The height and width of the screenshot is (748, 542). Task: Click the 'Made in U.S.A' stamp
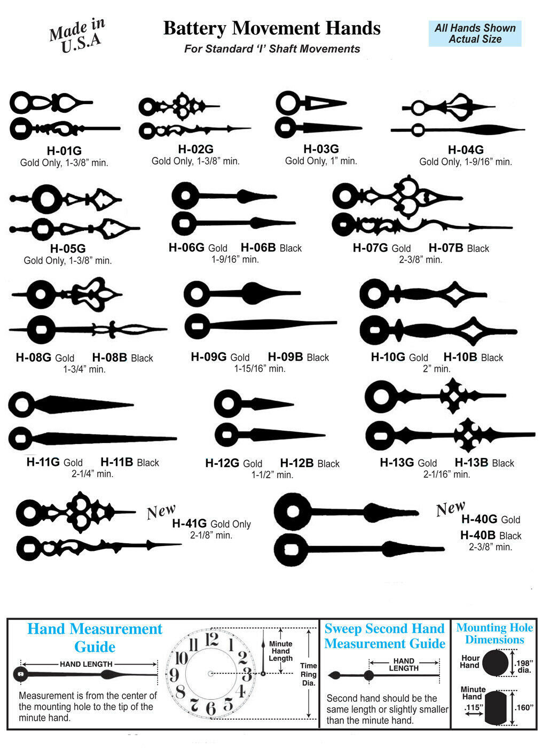(77, 35)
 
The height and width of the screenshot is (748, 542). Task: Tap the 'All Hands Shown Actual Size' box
(475, 33)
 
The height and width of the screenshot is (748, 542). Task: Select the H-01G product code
(64, 151)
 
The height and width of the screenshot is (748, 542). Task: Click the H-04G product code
(466, 150)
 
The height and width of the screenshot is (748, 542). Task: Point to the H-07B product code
(446, 248)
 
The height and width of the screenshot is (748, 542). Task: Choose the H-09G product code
(209, 357)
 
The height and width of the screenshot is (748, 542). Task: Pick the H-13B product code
(471, 463)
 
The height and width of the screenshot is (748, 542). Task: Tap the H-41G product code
(189, 523)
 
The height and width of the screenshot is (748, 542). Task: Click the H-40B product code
(477, 535)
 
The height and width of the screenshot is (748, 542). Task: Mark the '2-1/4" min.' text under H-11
(92, 473)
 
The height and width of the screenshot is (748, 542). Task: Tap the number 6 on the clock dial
(210, 708)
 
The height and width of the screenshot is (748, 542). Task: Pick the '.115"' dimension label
(474, 707)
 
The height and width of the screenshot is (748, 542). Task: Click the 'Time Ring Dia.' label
(309, 674)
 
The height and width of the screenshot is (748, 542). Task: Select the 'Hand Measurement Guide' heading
(95, 638)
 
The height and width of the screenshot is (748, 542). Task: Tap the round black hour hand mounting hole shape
(496, 663)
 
